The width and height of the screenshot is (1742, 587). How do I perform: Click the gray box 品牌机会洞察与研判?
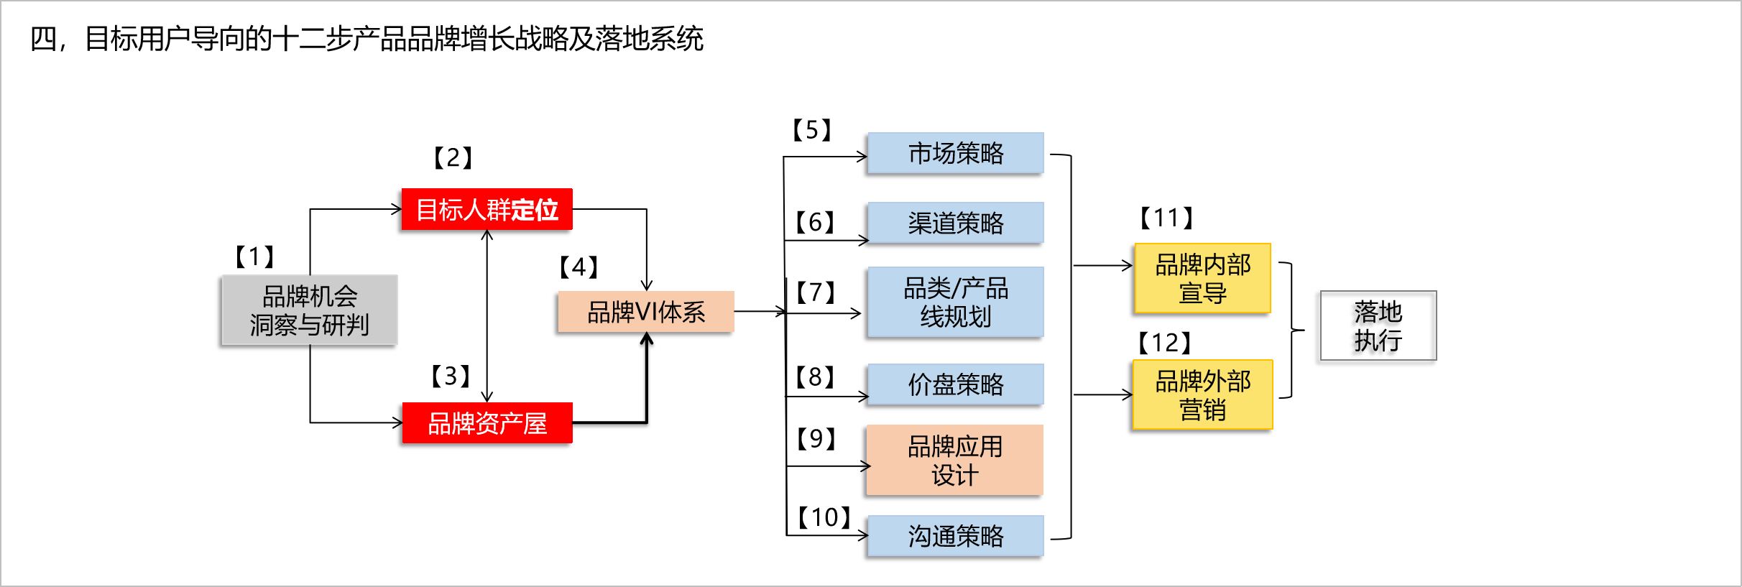tap(309, 310)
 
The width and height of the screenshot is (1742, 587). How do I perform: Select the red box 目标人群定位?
tap(487, 210)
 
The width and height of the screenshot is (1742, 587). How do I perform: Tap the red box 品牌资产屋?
tap(487, 423)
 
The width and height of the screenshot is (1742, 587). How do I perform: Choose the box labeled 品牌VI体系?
tap(645, 312)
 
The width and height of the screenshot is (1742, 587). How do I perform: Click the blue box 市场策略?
tap(955, 153)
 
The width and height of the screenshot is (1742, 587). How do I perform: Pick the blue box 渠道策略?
tap(955, 223)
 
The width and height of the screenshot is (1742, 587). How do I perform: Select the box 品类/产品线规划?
tap(955, 302)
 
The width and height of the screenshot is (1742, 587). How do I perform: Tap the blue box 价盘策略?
tap(955, 384)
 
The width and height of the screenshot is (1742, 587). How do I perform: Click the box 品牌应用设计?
tap(954, 461)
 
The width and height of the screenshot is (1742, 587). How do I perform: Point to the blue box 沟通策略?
tap(955, 536)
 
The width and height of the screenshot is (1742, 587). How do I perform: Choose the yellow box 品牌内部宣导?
tap(1202, 279)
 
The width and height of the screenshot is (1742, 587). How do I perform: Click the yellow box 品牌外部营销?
tap(1202, 395)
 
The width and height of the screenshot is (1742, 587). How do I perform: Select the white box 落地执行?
tap(1378, 325)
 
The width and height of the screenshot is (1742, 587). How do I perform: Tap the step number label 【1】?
tap(255, 256)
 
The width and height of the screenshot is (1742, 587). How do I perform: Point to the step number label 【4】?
tap(579, 267)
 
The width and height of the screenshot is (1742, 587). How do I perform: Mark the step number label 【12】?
tap(1165, 343)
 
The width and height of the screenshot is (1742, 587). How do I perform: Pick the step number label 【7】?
tap(816, 292)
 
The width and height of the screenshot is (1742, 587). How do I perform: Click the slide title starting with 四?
tap(367, 39)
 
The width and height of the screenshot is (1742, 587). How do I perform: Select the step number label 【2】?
tap(453, 157)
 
